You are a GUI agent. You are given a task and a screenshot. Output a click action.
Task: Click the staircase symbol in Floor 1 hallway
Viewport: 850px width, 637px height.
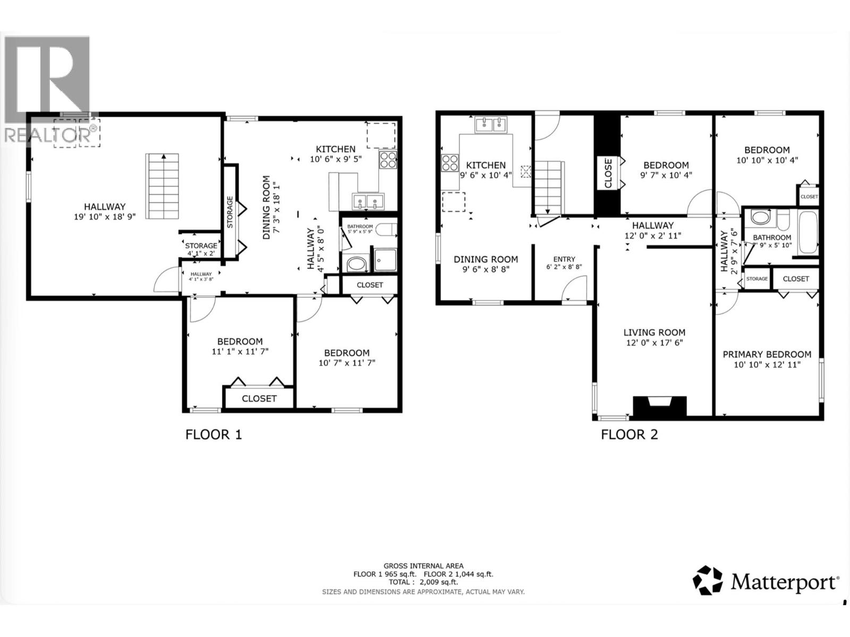(x=163, y=186)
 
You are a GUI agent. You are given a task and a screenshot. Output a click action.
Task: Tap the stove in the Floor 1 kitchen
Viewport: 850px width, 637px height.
(x=388, y=160)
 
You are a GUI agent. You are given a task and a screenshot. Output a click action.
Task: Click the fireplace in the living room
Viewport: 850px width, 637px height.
(x=660, y=406)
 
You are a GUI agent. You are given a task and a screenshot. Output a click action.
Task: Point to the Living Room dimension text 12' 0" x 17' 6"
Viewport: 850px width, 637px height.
(x=654, y=343)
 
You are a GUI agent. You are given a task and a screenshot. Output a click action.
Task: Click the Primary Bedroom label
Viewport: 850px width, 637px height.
(x=767, y=354)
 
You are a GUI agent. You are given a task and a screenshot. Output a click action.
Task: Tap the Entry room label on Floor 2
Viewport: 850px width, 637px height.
(x=564, y=259)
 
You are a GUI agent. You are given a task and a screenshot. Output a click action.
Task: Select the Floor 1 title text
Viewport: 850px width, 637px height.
(x=214, y=435)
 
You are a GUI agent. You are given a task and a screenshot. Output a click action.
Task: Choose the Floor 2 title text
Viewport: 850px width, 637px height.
(x=630, y=435)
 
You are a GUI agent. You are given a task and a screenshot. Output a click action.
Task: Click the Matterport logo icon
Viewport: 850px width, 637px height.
(x=708, y=580)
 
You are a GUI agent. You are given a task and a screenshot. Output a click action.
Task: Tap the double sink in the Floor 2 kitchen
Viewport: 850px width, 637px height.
(x=491, y=125)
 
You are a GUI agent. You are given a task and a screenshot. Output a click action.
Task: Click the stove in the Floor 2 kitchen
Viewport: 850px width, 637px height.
(x=450, y=162)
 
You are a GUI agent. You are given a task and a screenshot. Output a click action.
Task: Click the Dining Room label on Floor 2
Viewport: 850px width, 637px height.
(x=486, y=259)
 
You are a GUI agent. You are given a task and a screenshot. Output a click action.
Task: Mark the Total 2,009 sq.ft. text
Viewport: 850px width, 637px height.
(x=423, y=582)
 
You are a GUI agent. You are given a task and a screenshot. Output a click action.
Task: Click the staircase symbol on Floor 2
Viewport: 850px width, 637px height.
(x=548, y=186)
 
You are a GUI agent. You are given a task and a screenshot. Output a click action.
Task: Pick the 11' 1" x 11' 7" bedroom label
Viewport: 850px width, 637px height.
(x=240, y=346)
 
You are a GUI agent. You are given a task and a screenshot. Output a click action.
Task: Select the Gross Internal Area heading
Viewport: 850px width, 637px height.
(x=423, y=566)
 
